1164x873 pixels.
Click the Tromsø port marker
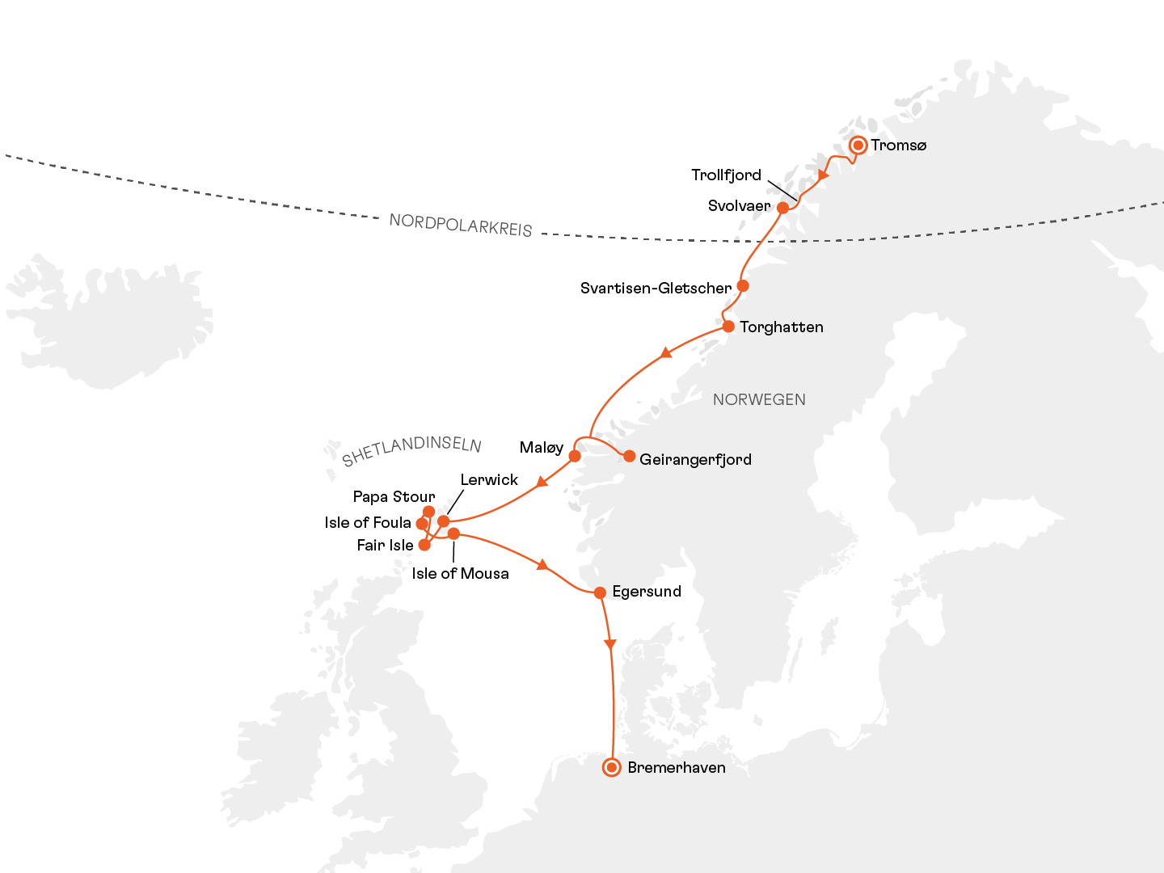click(x=858, y=145)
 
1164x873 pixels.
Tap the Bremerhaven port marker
click(x=612, y=767)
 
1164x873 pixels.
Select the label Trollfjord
click(x=726, y=175)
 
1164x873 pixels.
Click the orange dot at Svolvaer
click(x=782, y=208)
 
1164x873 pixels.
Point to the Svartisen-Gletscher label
click(x=656, y=289)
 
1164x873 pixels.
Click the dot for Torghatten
click(x=728, y=327)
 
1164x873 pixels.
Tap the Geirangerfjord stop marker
click(x=629, y=456)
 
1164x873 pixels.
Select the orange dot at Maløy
click(x=575, y=456)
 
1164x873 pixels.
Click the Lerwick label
click(x=489, y=480)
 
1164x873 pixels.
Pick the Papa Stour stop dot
click(x=429, y=512)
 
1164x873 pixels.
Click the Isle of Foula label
click(x=368, y=523)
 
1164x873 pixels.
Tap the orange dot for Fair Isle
click(x=424, y=545)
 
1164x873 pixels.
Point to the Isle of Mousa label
click(x=460, y=574)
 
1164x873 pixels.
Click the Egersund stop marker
click(x=600, y=593)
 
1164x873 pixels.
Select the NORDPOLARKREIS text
click(x=461, y=226)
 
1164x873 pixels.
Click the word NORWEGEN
click(x=759, y=399)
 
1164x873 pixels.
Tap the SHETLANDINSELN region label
click(x=411, y=450)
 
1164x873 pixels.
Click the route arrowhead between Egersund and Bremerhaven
click(x=610, y=644)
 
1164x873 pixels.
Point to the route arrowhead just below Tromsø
click(x=824, y=175)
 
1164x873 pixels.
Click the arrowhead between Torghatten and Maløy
click(x=665, y=352)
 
